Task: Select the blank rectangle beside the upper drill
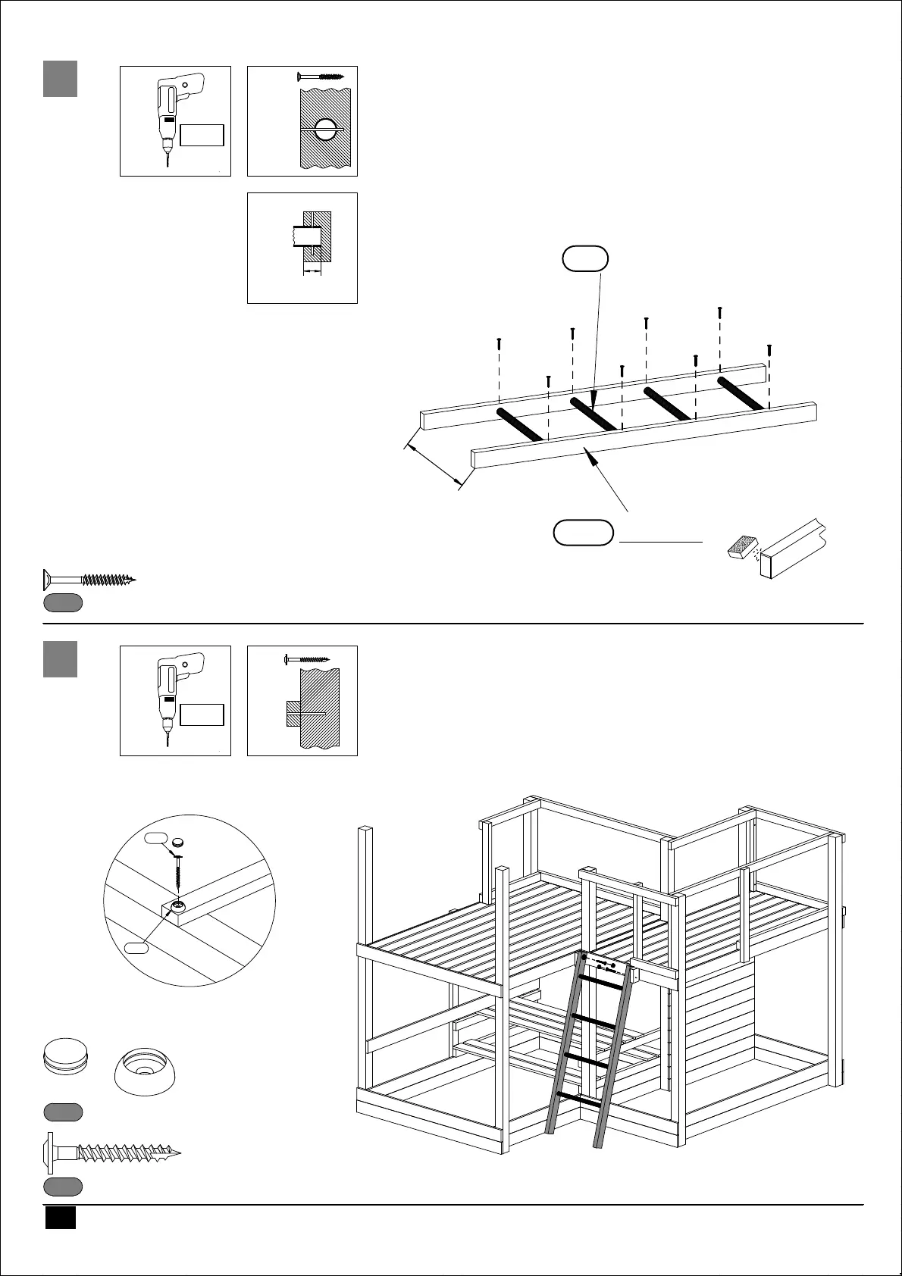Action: click(202, 135)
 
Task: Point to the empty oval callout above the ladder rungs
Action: click(585, 259)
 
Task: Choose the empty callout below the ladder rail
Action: click(583, 533)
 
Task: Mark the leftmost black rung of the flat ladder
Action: click(520, 424)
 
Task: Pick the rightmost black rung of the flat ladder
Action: click(741, 392)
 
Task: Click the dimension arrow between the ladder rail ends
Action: click(436, 464)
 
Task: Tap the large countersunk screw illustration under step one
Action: click(88, 580)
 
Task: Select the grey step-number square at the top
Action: click(60, 79)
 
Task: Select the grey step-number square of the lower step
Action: click(60, 658)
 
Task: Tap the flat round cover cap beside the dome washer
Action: click(64, 1056)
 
